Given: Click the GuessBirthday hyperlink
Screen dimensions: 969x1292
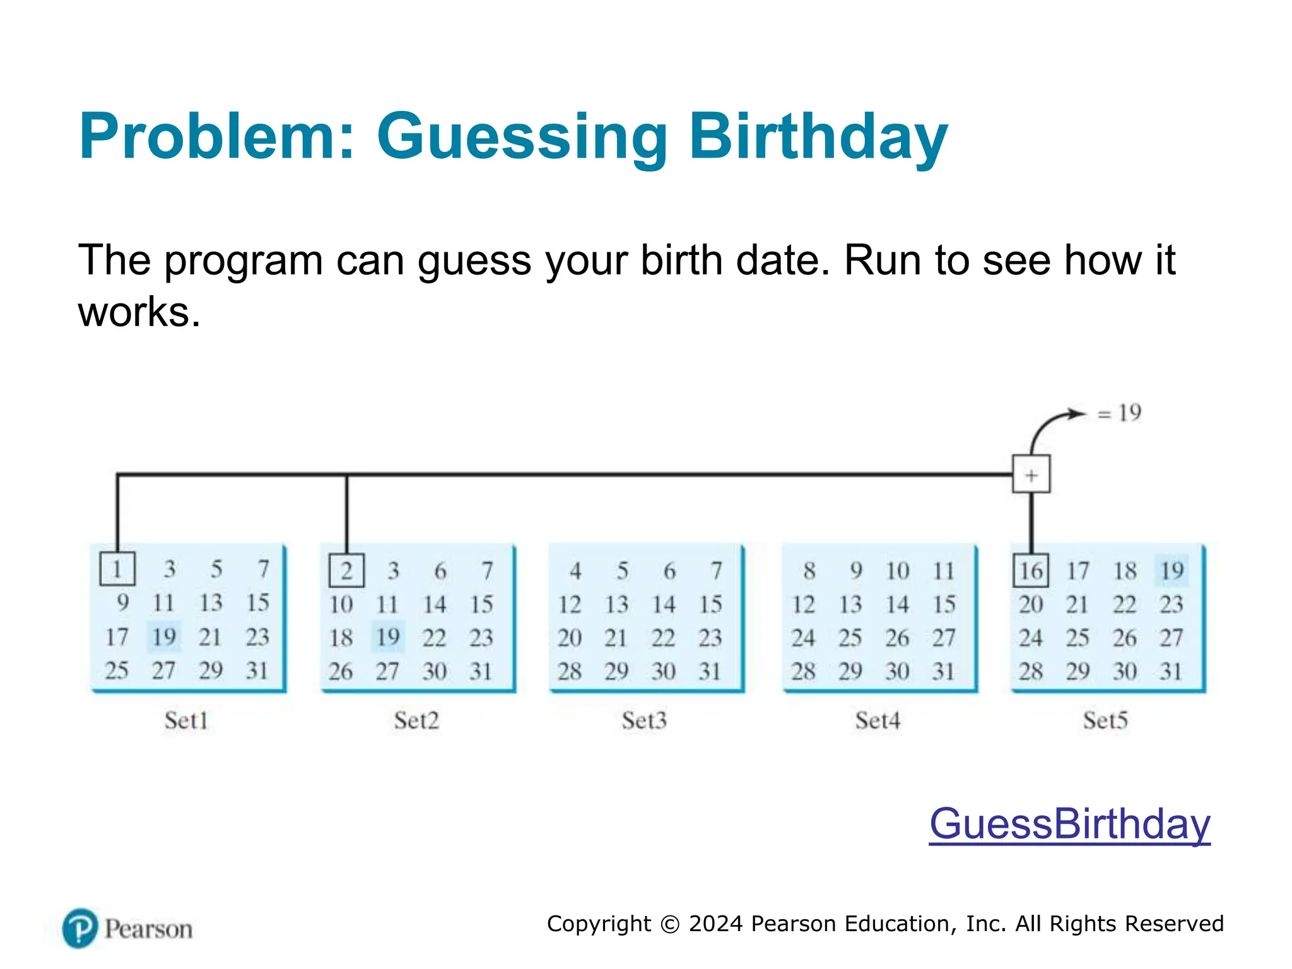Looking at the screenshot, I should (1069, 824).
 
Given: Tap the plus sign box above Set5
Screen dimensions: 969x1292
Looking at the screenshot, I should (1031, 474).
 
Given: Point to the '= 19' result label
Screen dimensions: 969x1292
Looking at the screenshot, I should (1120, 413).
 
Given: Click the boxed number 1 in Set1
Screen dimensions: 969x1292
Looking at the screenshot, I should (117, 569).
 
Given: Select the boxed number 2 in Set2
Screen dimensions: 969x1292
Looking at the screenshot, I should (346, 570).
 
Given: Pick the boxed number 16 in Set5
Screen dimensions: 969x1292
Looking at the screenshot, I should (1031, 570).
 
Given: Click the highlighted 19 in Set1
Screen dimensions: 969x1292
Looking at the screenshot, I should (164, 637).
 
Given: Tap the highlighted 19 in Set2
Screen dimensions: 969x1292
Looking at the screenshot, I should (388, 637).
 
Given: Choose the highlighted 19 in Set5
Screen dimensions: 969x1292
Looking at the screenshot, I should (1172, 570).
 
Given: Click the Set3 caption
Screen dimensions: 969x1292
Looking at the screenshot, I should (643, 720).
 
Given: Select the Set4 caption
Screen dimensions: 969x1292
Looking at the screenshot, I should (878, 720).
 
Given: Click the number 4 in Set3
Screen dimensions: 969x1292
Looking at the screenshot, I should (575, 571).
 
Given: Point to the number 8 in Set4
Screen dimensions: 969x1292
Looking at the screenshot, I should (809, 571).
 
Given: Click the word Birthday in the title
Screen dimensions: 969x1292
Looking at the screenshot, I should (818, 137).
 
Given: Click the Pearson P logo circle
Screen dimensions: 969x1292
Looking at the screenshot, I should (80, 928).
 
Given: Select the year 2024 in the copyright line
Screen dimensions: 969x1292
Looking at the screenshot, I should (715, 924).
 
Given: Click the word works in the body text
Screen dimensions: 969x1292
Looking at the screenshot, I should (139, 312).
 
